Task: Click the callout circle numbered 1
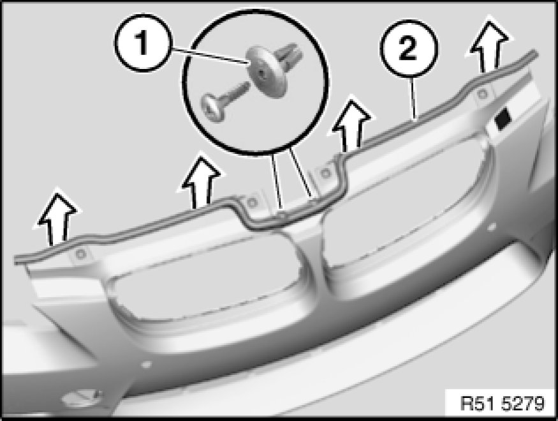(x=143, y=43)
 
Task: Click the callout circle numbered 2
(x=409, y=49)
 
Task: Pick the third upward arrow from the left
(x=351, y=125)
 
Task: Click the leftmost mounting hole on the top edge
(x=82, y=254)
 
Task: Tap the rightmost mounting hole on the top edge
(x=481, y=94)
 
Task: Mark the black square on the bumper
(x=503, y=118)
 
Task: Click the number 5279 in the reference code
(x=523, y=404)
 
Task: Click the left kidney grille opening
(x=207, y=278)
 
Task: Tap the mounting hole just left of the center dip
(x=253, y=203)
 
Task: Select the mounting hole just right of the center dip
(x=325, y=174)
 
